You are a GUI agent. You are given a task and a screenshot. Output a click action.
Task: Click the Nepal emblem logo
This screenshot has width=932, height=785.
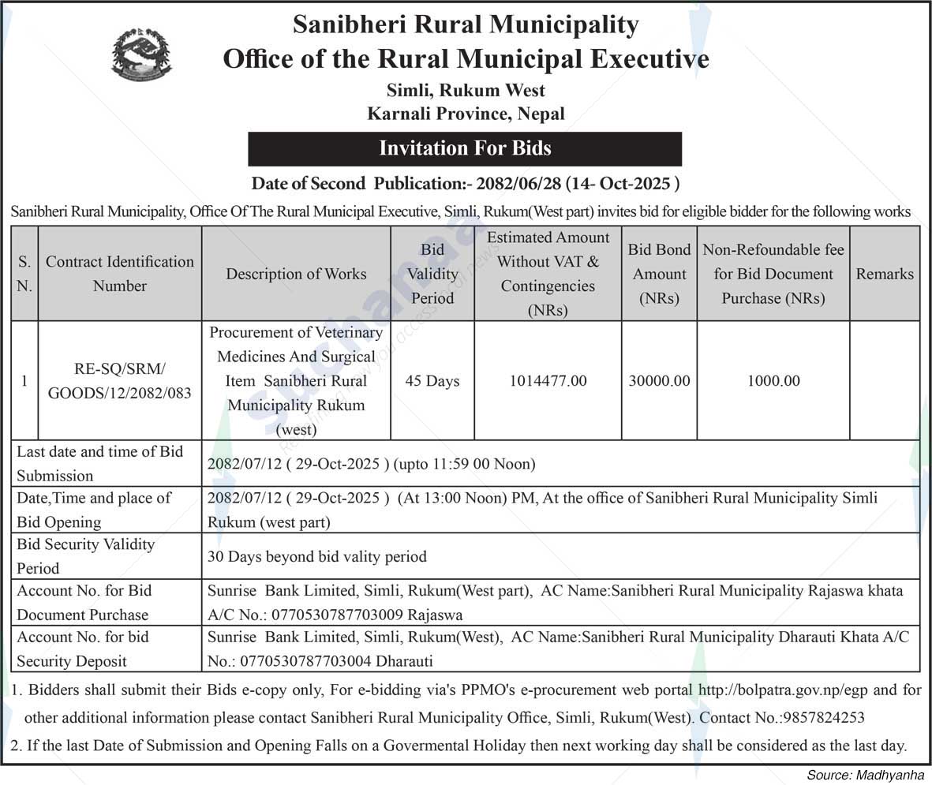(x=141, y=54)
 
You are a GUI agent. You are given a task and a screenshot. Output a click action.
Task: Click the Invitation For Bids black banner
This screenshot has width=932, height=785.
(x=465, y=148)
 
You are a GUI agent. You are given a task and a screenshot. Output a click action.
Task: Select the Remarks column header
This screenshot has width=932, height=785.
(x=885, y=274)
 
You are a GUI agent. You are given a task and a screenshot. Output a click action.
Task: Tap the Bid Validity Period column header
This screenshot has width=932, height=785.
(x=432, y=274)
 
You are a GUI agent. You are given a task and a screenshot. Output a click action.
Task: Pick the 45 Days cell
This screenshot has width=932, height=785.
(x=432, y=381)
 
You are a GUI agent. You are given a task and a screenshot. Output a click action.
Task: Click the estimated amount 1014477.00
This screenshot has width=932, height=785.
(x=548, y=381)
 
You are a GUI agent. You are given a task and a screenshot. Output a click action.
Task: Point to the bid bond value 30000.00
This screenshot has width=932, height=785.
(x=660, y=381)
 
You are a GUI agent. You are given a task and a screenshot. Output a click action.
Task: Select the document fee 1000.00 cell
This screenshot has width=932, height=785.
(x=773, y=381)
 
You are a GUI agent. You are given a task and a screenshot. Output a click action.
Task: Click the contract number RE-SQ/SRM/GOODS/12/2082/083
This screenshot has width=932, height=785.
(x=120, y=381)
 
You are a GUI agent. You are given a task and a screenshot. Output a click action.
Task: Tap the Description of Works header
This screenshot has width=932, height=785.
(x=296, y=274)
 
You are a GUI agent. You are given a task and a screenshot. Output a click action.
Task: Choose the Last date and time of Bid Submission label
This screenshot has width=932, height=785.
(x=100, y=463)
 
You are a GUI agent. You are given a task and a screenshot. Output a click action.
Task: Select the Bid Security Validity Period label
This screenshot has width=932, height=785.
(x=87, y=556)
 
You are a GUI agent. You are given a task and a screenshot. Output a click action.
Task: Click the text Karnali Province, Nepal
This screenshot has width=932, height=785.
(x=466, y=114)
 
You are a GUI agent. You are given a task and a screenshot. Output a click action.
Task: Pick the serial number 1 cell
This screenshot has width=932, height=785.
(x=24, y=381)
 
